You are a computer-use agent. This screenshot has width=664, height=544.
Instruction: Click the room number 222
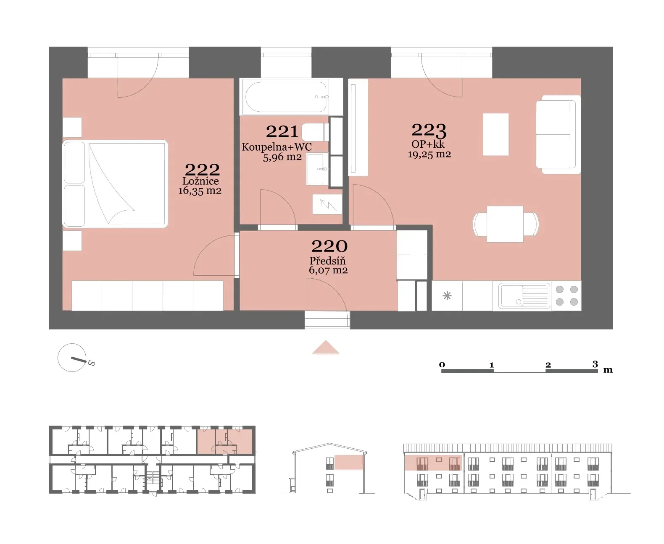point(202,170)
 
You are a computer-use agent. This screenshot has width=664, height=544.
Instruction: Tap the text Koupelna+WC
point(277,147)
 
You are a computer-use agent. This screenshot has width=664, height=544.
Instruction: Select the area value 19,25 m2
point(429,154)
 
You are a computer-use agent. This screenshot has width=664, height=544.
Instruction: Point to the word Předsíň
point(327,261)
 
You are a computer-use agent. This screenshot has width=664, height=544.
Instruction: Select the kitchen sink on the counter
point(524,295)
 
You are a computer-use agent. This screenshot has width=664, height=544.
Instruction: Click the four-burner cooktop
point(567,296)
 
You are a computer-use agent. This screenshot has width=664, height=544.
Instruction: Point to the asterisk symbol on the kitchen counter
point(447,296)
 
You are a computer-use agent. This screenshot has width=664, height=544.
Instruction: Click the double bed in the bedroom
point(115,183)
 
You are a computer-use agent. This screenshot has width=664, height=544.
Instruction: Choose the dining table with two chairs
point(505,224)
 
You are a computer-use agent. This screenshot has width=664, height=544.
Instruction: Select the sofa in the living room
point(558,134)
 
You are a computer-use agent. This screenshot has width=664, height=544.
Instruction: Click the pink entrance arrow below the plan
point(326,348)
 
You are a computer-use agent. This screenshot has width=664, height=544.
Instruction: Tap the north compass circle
point(72,358)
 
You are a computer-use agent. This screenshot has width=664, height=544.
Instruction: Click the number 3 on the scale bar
point(595,364)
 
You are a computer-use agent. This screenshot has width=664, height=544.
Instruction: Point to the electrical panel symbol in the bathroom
point(327,204)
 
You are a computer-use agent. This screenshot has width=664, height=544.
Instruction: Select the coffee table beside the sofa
point(496,134)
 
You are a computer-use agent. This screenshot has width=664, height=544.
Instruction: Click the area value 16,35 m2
point(200,191)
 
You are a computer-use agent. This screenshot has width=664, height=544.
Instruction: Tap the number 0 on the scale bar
point(442,365)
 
